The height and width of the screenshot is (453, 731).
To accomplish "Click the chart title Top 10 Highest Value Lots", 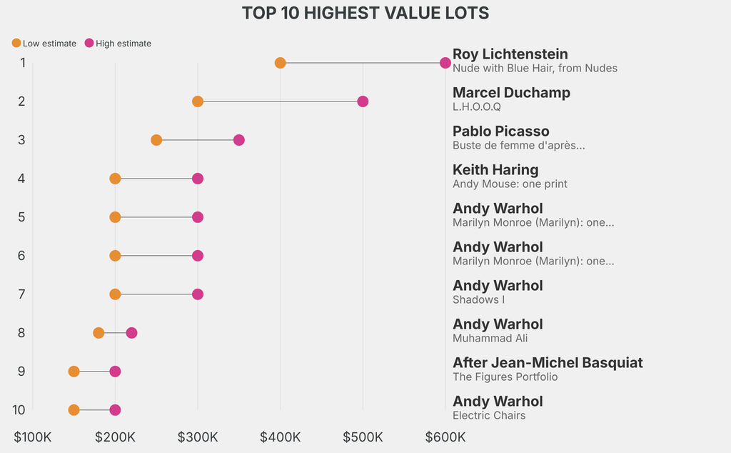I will [x=365, y=13].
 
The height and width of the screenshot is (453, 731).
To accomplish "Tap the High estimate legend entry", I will [x=118, y=44].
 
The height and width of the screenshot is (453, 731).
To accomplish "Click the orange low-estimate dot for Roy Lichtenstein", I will [x=281, y=63].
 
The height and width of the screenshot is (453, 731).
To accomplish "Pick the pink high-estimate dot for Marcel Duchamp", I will [x=363, y=101].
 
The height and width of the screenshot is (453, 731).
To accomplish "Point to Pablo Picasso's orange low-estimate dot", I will [x=156, y=140].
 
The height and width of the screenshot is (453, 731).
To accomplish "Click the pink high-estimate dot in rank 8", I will [x=131, y=333].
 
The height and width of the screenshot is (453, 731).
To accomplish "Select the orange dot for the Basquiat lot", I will [x=74, y=372].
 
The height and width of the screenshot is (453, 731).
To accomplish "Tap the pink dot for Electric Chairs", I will [x=115, y=410].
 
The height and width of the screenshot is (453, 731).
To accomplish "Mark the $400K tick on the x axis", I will [x=281, y=437].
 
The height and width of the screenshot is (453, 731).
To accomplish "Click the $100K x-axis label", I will [x=33, y=437].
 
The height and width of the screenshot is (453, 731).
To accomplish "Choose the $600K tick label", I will [x=445, y=437].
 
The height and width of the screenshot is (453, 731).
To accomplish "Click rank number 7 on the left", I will [x=22, y=294].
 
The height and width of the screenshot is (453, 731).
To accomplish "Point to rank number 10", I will [x=19, y=410].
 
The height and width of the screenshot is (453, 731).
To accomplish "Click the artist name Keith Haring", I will [x=495, y=170].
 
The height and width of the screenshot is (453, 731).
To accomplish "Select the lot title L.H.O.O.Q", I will [x=477, y=107].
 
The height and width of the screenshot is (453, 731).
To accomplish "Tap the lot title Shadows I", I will [x=478, y=300].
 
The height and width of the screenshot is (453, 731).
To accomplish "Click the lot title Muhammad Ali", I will [x=490, y=339].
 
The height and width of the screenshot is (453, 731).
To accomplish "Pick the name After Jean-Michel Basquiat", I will [x=548, y=363].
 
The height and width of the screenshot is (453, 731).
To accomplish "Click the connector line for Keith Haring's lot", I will [x=156, y=179].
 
